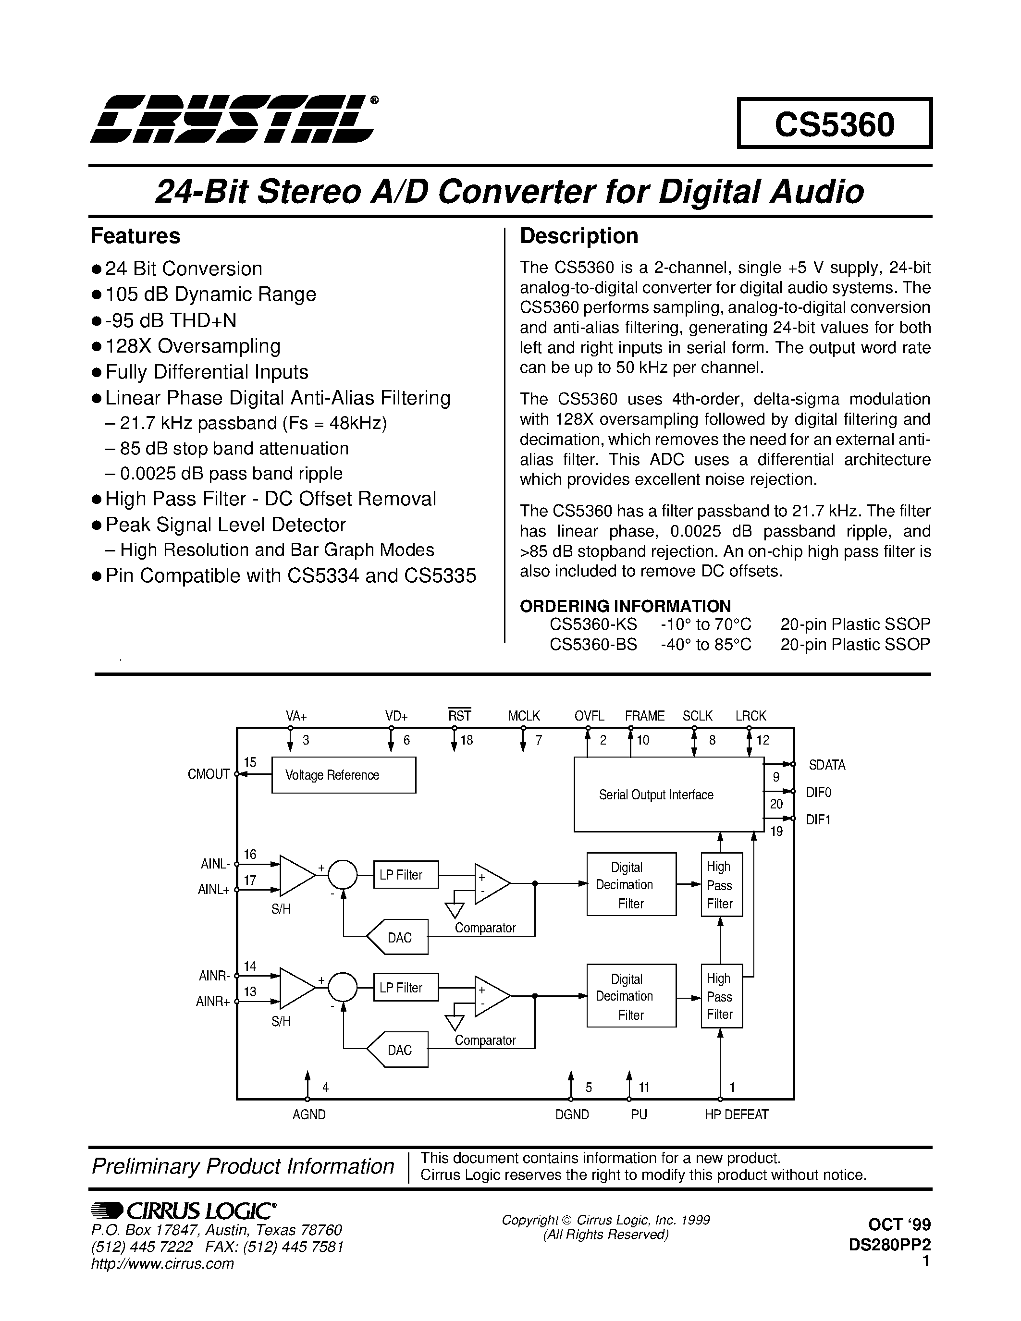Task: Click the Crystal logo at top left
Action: point(233,119)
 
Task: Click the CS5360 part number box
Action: point(834,123)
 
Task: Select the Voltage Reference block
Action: point(344,775)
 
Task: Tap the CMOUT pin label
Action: point(209,774)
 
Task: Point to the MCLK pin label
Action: point(524,716)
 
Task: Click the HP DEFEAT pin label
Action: point(736,1114)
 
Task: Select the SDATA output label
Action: point(827,765)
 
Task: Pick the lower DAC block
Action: point(399,1050)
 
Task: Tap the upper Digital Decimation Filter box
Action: point(631,884)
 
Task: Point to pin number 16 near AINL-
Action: point(250,854)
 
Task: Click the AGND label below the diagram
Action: point(309,1114)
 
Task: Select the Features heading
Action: point(135,236)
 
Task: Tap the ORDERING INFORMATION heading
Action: point(626,606)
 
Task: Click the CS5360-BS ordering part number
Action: point(593,644)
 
